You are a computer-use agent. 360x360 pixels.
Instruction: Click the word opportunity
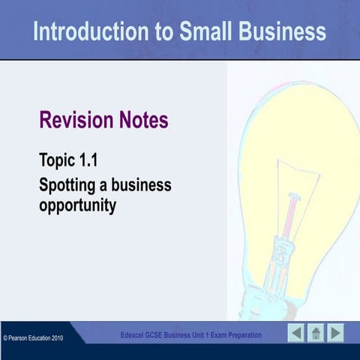pos(77,204)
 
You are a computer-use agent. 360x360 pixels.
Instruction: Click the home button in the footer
pos(316,332)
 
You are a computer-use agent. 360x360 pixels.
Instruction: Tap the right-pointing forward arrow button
pos(335,332)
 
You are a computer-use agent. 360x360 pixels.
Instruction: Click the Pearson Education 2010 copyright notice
pos(33,338)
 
